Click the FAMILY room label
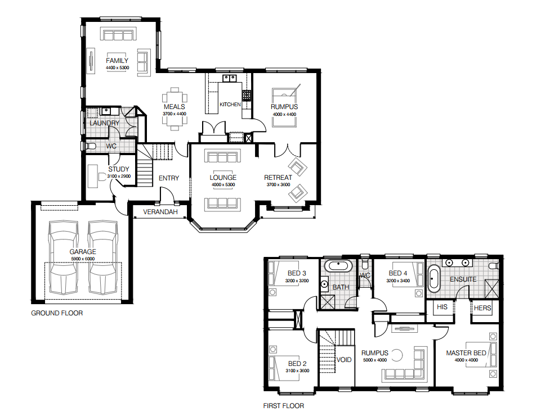117,61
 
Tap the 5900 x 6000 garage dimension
83,259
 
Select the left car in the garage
63,257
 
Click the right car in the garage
103,257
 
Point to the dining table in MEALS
175,109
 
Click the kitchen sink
229,78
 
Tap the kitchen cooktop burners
247,95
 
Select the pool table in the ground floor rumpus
284,107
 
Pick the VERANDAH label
160,211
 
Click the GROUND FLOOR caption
57,313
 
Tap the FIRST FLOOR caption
284,406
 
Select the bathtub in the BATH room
338,266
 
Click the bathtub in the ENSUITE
433,278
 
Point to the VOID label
344,360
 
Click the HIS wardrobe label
442,307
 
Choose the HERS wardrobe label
482,308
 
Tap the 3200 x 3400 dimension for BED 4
398,281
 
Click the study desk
92,177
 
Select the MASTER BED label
466,353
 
